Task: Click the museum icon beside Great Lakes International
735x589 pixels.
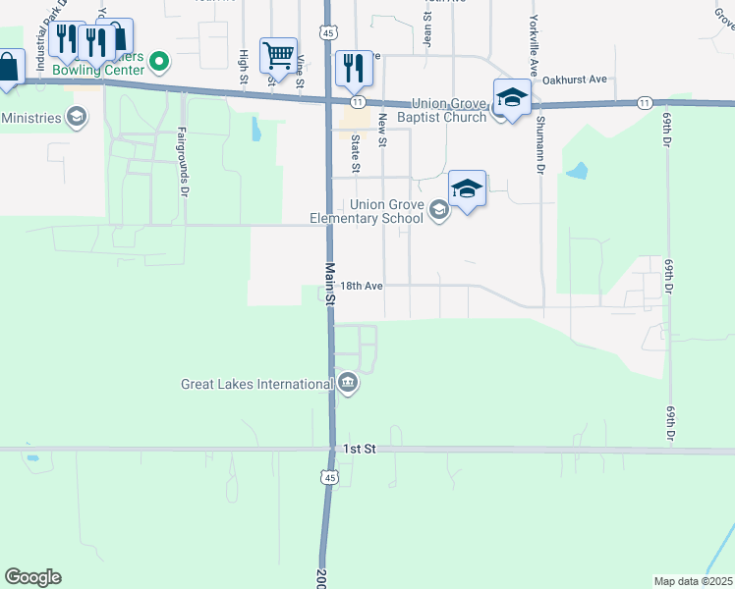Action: click(x=349, y=383)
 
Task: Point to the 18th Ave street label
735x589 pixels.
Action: click(x=362, y=286)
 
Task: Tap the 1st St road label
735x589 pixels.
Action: click(x=360, y=449)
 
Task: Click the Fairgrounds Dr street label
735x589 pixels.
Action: click(x=183, y=162)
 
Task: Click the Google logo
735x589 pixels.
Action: click(x=32, y=577)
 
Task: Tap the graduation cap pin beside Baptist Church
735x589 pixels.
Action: click(x=512, y=97)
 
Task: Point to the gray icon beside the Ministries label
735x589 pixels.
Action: click(x=76, y=118)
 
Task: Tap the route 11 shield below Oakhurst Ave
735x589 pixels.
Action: click(x=644, y=102)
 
